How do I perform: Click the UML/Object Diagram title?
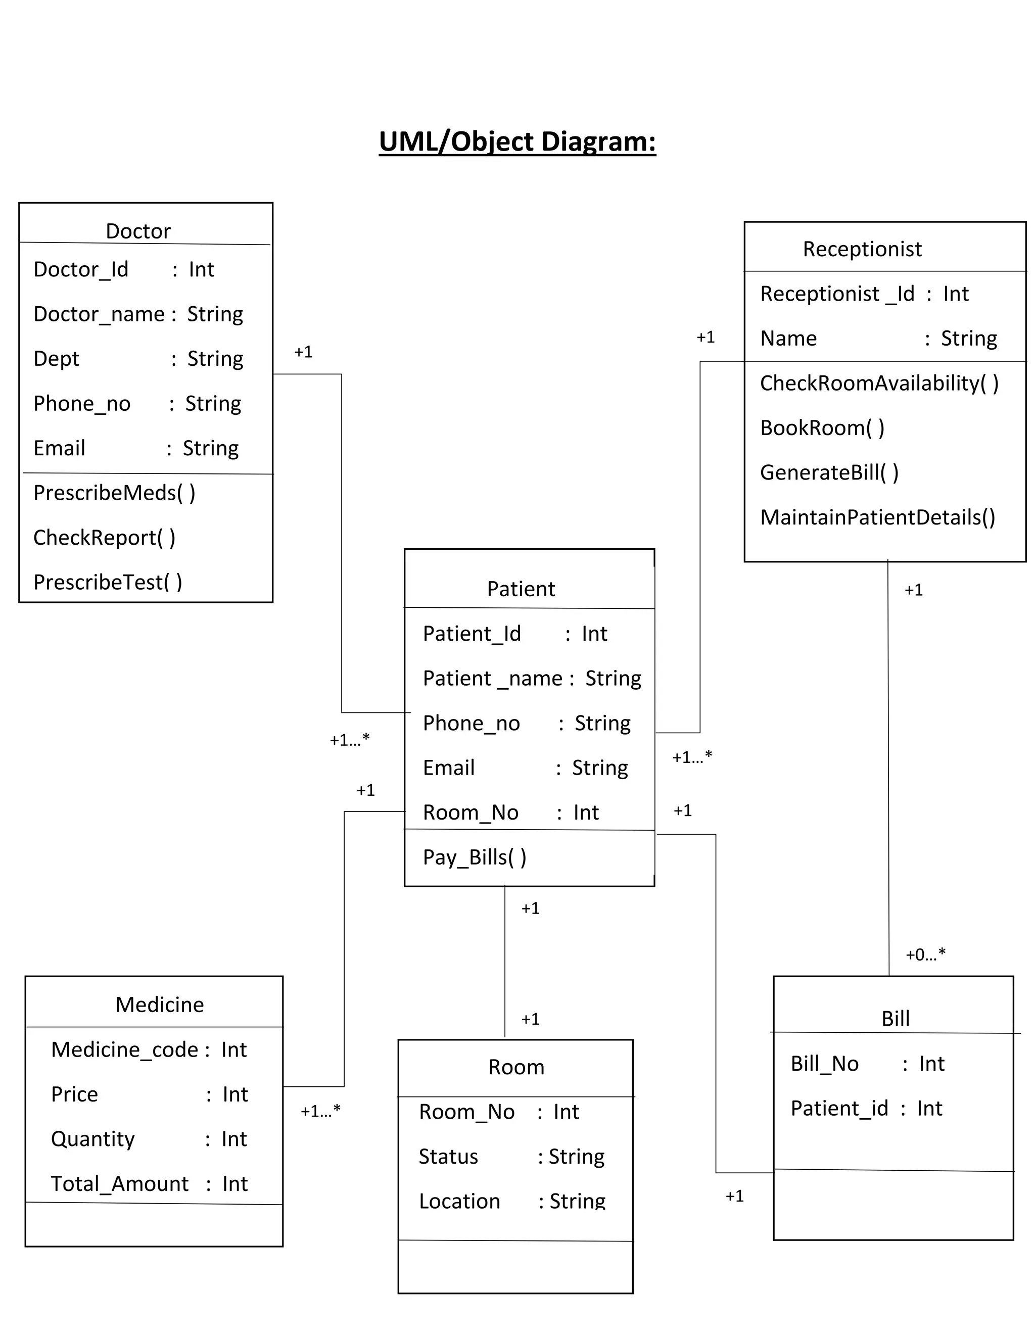coord(517,141)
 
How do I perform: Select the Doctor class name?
coord(138,231)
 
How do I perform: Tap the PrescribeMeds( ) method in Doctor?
coord(115,493)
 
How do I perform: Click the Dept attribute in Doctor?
coord(57,359)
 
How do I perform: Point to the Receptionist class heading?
coord(862,249)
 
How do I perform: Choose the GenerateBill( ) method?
coord(829,473)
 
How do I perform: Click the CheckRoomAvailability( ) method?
coord(879,383)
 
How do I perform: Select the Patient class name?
coord(521,589)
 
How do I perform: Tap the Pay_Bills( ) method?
coord(475,857)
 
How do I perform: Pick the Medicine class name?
coord(159,1005)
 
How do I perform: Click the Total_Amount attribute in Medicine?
coord(120,1184)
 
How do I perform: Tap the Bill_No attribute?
coord(824,1064)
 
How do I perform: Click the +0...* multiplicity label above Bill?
coord(925,954)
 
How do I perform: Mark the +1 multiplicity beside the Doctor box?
coord(303,352)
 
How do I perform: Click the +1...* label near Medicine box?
coord(320,1112)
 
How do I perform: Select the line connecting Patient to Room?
coord(505,963)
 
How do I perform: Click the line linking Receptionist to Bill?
coord(888,767)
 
